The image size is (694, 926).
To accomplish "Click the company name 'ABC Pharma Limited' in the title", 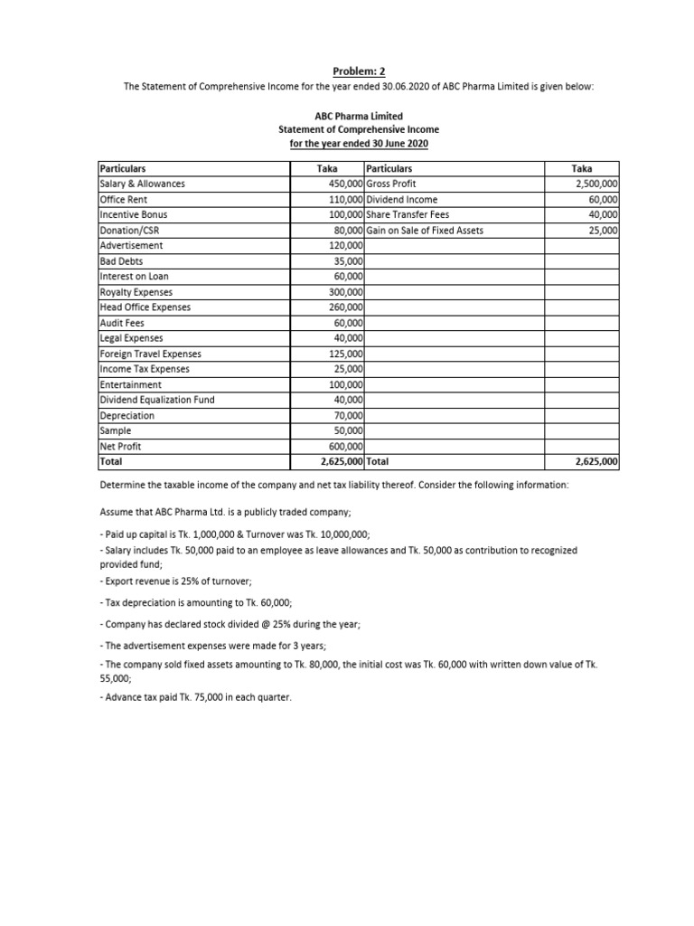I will (x=359, y=117).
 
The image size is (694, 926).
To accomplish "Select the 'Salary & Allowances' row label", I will (x=141, y=184).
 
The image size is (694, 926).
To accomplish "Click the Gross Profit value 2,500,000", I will (x=593, y=184).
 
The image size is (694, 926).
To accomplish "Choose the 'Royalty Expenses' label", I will (x=136, y=292).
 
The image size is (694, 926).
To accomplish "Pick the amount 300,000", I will (x=345, y=292).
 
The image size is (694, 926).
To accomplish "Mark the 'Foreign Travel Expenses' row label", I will (x=150, y=354).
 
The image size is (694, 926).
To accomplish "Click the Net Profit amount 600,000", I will (x=345, y=446).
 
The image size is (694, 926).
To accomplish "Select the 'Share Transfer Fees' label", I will (x=407, y=214).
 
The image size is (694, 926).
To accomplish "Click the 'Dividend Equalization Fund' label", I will (x=156, y=400).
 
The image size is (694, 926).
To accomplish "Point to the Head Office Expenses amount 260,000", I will (x=345, y=307).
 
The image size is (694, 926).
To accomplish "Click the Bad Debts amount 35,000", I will (x=348, y=261).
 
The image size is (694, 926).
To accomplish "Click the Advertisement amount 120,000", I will (x=345, y=245).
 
